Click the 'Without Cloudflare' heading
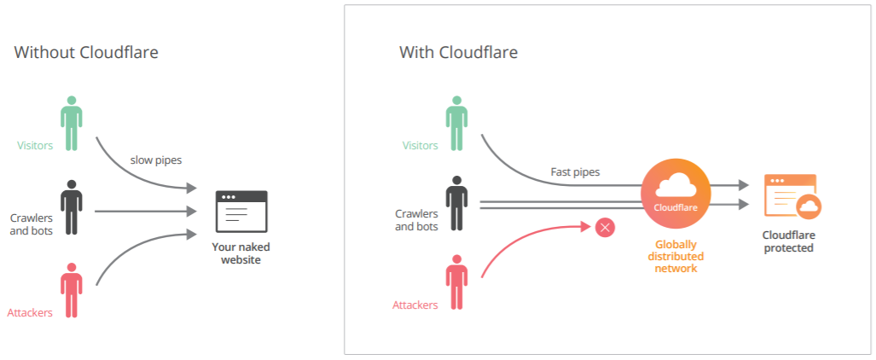tap(86, 53)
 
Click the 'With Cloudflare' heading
tap(458, 53)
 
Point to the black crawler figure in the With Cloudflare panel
tap(457, 203)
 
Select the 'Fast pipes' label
tap(575, 171)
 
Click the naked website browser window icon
tap(241, 212)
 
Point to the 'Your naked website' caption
tap(241, 253)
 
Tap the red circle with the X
tap(605, 227)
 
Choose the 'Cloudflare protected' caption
tap(787, 241)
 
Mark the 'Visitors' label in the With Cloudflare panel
tap(421, 146)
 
